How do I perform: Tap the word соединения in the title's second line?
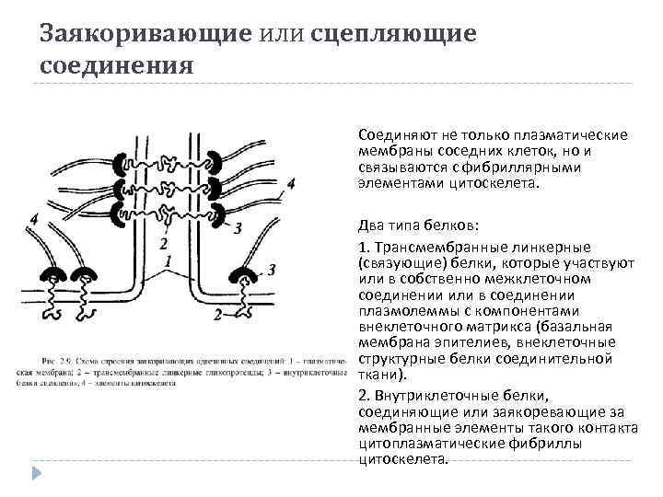[117, 65]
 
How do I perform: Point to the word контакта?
[601, 427]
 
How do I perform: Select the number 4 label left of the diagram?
[33, 219]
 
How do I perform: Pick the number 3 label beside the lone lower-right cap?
[272, 268]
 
